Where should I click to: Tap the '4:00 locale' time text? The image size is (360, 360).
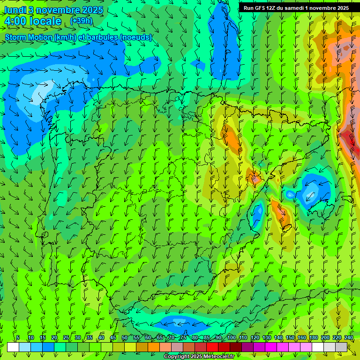click(33, 21)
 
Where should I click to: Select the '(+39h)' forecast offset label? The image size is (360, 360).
click(81, 21)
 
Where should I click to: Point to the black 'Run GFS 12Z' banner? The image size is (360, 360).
click(296, 8)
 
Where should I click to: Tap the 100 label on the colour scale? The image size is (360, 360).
click(232, 337)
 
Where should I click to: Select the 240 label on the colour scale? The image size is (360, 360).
click(349, 337)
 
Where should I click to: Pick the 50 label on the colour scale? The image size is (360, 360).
click(125, 337)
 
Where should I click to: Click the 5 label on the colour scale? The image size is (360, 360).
click(18, 337)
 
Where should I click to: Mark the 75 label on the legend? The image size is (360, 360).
click(183, 337)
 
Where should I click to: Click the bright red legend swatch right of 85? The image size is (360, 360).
click(212, 347)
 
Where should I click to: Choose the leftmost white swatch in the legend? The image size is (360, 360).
click(13, 347)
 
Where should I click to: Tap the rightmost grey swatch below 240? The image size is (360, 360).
click(341, 347)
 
